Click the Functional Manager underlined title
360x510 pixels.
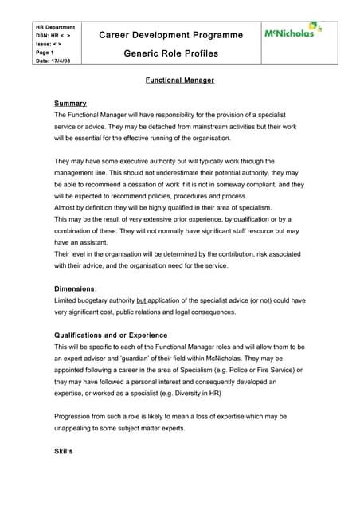pyautogui.click(x=180, y=80)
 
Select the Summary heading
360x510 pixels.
pyautogui.click(x=70, y=104)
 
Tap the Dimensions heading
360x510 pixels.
pyautogui.click(x=75, y=288)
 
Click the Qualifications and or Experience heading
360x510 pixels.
pyautogui.click(x=111, y=335)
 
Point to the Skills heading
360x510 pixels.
pyautogui.click(x=64, y=452)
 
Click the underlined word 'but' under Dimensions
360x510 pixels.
pyautogui.click(x=143, y=300)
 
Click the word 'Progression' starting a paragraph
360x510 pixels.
pyautogui.click(x=74, y=417)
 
